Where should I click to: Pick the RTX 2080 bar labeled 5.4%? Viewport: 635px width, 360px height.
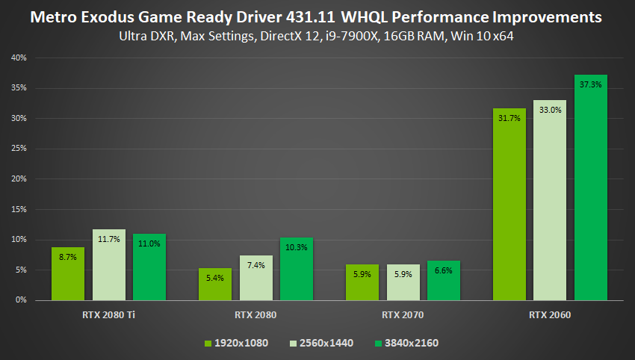215,284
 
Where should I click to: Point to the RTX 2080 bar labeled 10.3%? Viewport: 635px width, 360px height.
296,268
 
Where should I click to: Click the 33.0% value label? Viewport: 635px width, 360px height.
550,110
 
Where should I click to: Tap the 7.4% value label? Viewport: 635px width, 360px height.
255,265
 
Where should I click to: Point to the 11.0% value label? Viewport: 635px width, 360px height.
149,243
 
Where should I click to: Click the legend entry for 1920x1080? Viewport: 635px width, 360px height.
235,343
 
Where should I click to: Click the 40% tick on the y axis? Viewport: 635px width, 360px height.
19,58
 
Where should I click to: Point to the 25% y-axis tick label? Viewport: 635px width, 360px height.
19,149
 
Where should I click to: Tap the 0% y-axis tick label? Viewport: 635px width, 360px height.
22,300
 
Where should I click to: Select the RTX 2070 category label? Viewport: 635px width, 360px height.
403,315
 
